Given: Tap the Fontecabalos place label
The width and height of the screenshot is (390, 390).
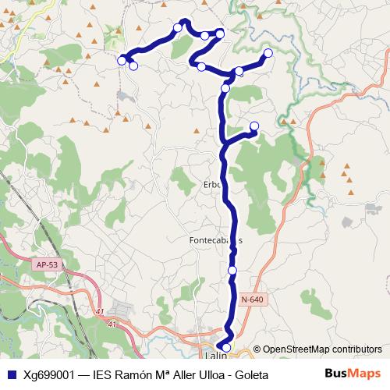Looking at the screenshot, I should click(x=215, y=240).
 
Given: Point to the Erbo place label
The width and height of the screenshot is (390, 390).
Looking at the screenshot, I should click(x=213, y=185).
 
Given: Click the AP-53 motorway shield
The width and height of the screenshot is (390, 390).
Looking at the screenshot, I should click(x=46, y=265).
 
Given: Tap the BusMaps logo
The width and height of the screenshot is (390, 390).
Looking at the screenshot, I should click(x=353, y=374).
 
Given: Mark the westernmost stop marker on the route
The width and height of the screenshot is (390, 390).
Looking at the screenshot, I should click(x=122, y=60).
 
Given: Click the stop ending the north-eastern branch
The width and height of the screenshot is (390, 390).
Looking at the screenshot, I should click(x=268, y=53).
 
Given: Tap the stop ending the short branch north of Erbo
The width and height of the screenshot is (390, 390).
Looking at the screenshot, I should click(x=254, y=126).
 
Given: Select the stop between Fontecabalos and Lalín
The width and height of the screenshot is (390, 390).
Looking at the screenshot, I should click(x=232, y=270).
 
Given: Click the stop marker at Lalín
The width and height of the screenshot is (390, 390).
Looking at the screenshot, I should click(x=226, y=347).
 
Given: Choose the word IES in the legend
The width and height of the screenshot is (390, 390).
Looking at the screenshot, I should click(x=103, y=374).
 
